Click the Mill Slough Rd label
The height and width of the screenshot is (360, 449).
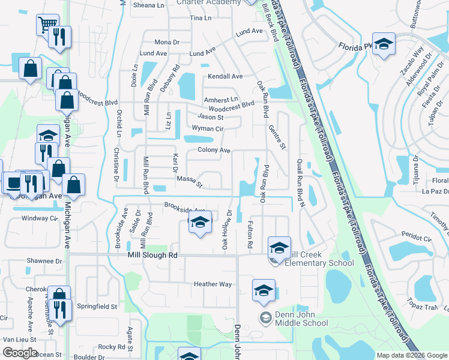point(153,255)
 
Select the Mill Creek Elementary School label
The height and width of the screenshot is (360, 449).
point(319,259)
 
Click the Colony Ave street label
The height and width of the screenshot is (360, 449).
point(214,150)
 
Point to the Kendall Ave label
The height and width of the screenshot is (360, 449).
point(224,77)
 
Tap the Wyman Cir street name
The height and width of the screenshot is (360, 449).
point(207,128)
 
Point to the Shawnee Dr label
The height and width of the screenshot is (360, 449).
point(44,261)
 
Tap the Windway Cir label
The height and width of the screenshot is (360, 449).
point(38,218)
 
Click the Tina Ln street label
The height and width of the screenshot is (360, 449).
point(200,19)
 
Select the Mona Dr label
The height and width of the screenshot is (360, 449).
point(167,42)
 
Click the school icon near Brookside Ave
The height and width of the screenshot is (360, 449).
point(200,224)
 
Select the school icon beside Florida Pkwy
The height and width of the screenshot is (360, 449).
point(384,44)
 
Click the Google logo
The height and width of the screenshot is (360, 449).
point(20,353)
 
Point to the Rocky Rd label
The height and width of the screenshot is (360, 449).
point(112,347)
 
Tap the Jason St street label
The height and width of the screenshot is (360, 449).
point(211,117)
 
